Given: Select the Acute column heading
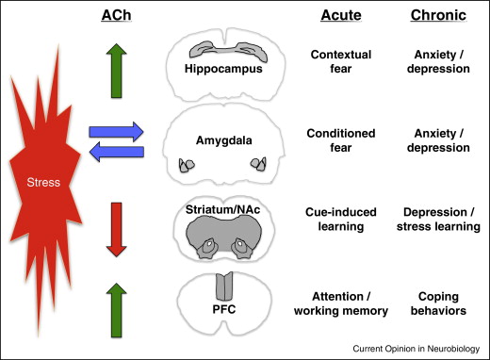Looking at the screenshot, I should tap(330, 18).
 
